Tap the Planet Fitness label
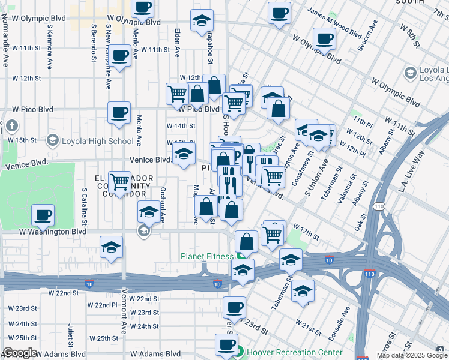(x=206, y=257)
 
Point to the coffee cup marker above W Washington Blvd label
(x=43, y=215)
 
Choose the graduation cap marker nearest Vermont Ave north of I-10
(x=111, y=247)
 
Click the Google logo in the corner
(x=19, y=353)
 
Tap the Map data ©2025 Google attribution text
(x=411, y=356)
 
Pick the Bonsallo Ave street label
(x=340, y=322)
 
